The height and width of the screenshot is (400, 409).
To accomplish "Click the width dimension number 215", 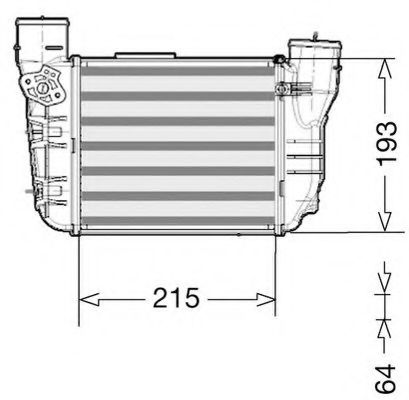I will coord(177,297).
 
